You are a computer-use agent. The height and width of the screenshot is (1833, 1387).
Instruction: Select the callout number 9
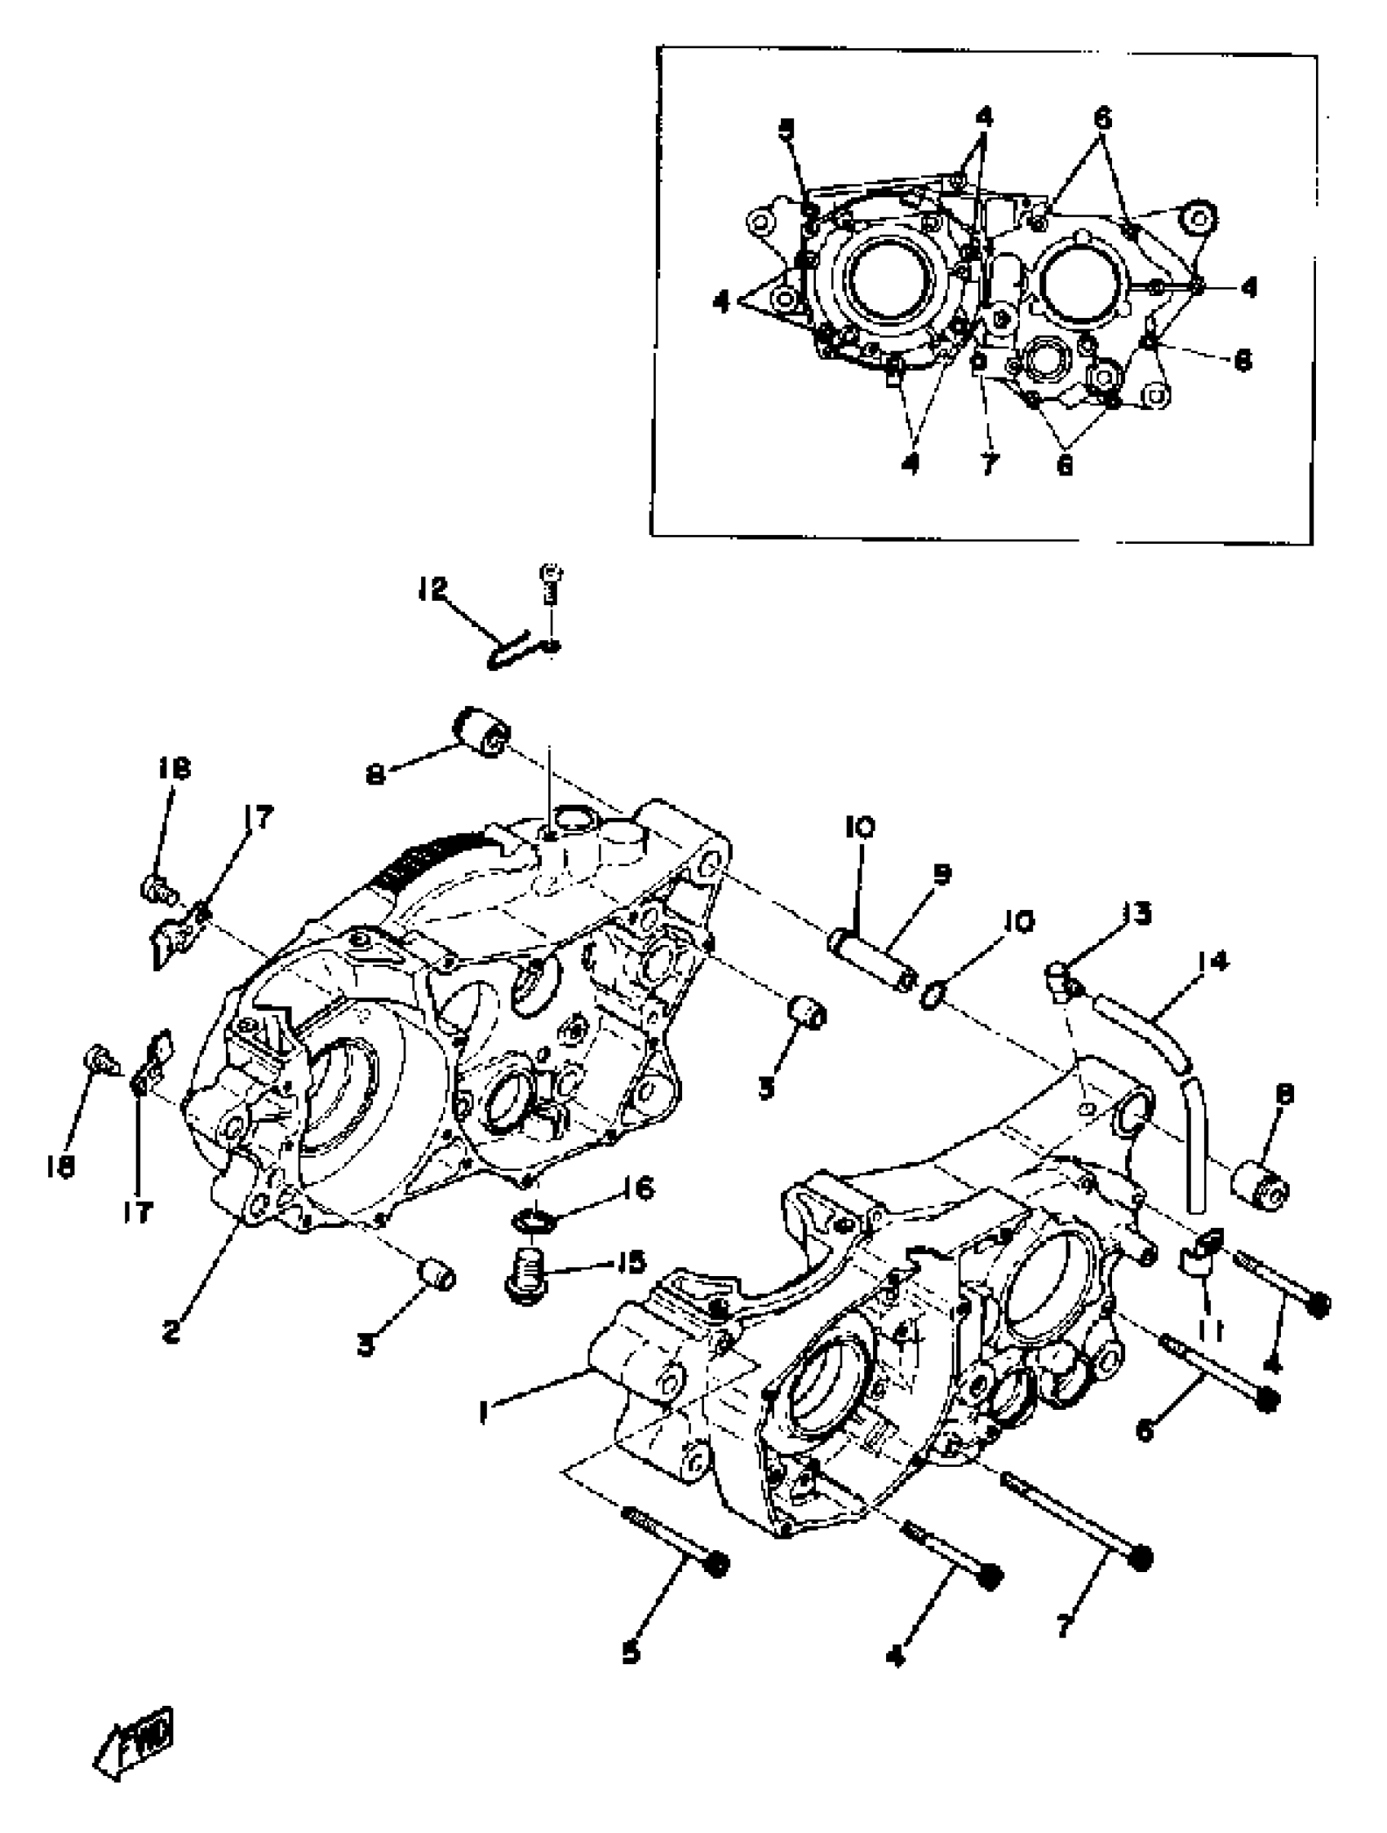[x=941, y=873]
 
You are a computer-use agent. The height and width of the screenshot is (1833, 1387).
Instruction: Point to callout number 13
[x=1137, y=913]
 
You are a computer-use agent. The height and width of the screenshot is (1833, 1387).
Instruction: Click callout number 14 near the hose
[x=1212, y=961]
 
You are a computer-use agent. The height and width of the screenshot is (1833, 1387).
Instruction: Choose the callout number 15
[x=630, y=1262]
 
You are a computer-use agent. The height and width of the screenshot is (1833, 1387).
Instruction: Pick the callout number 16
[x=637, y=1188]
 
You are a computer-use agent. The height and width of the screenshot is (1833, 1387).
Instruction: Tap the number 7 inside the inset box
[x=987, y=465]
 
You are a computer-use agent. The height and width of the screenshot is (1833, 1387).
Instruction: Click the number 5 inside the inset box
[x=786, y=130]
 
